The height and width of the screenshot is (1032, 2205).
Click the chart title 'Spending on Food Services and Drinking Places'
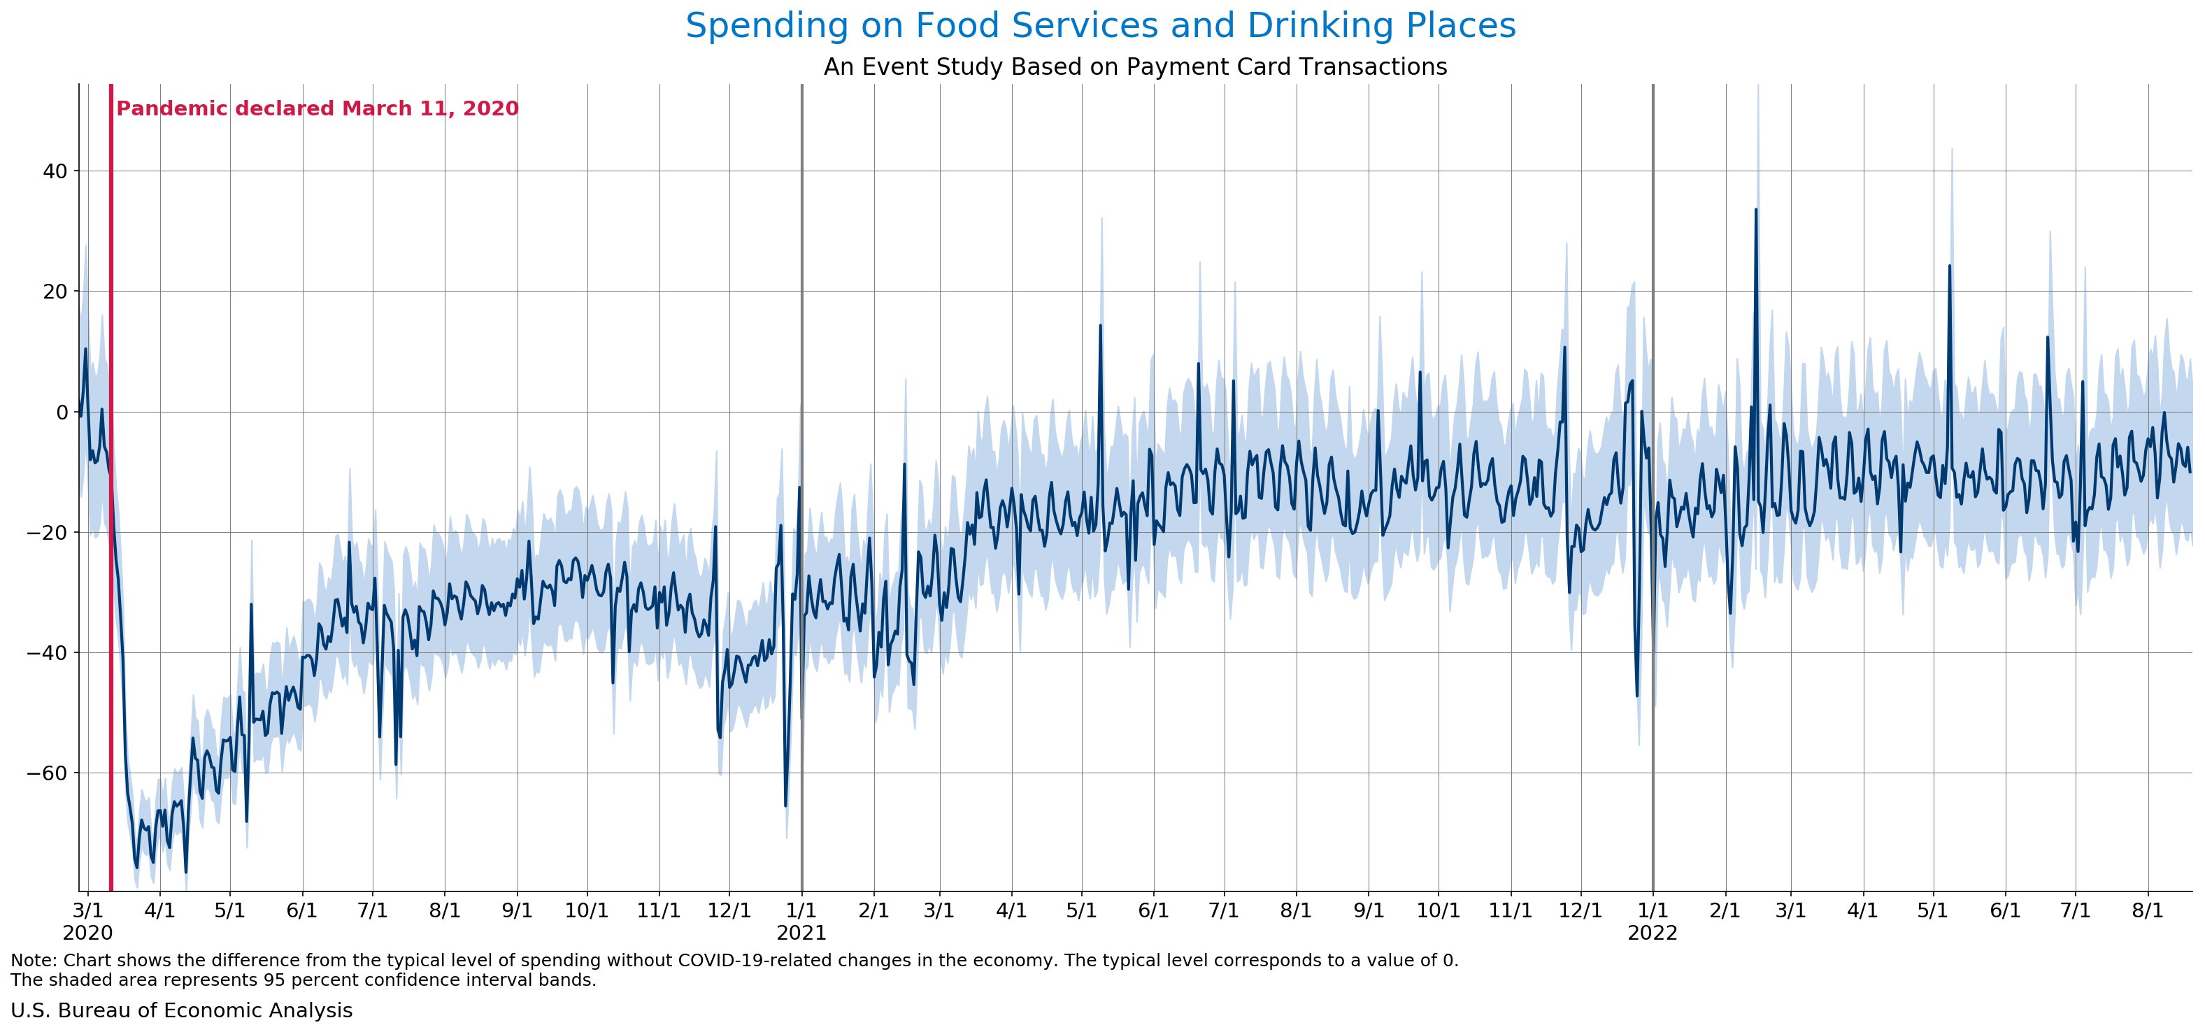click(x=1101, y=26)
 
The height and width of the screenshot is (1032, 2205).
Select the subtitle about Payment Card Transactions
click(x=1135, y=66)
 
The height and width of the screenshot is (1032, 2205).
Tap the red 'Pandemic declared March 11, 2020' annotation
click(x=317, y=108)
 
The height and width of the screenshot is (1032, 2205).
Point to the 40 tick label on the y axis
click(x=55, y=171)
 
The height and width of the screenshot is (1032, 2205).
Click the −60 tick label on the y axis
click(x=47, y=773)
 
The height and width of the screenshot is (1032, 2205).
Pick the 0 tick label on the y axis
click(x=62, y=413)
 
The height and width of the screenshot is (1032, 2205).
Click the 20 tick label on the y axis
click(x=55, y=292)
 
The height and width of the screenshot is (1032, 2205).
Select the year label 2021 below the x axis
click(x=801, y=933)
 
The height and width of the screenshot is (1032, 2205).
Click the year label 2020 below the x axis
click(x=87, y=933)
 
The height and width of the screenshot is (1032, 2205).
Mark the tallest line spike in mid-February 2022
click(x=1755, y=210)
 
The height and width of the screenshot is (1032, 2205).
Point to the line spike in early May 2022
click(x=1950, y=266)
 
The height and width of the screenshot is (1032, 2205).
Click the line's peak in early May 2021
click(x=1101, y=326)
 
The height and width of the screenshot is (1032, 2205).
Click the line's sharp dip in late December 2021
click(x=1637, y=696)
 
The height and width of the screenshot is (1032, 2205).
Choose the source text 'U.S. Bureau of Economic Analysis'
click(x=181, y=1010)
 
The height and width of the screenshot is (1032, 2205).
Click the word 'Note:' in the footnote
click(x=34, y=960)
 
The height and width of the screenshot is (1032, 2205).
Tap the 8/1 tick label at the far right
click(x=2147, y=910)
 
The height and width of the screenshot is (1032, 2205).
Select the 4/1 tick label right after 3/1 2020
click(x=160, y=910)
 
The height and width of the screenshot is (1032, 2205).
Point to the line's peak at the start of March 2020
click(x=85, y=349)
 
